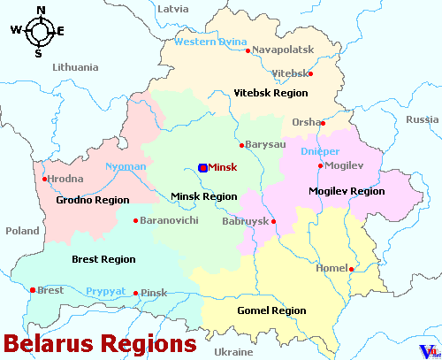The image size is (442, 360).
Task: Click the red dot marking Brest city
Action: pos(33,290)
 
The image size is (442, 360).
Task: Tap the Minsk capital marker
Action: pos(202,167)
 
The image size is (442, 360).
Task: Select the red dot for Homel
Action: pos(351,269)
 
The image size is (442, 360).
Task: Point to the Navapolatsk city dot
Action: pos(248,50)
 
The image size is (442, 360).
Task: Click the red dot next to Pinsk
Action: pos(135,293)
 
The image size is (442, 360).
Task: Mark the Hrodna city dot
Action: pos(44,179)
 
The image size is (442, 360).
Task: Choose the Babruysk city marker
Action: pos(273,221)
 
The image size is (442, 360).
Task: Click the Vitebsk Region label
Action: pos(271,93)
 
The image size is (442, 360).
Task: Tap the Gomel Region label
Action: pos(271,310)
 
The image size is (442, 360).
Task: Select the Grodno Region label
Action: pos(93,201)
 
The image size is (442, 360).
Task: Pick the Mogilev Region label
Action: pos(347,191)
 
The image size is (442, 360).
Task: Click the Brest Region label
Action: pos(103,259)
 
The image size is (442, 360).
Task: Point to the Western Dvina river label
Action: pos(210,42)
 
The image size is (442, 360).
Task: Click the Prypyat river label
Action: pos(106,291)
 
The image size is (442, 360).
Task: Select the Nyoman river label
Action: pos(126,166)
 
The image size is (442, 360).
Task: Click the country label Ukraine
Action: pos(233,351)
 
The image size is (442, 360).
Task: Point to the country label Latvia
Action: pos(172,9)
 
